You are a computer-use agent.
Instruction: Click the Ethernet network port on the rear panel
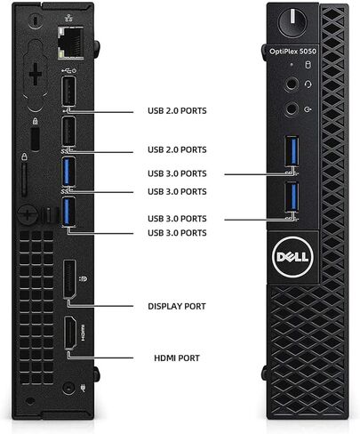click(70, 43)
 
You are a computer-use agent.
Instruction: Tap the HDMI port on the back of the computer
click(70, 333)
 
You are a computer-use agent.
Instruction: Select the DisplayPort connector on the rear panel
click(69, 278)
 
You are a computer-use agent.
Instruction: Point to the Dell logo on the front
click(292, 257)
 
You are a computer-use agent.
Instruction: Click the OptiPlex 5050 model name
click(292, 52)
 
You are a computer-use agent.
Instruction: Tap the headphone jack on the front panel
click(292, 84)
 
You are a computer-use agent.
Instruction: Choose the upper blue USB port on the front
click(292, 150)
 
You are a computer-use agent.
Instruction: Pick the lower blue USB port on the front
click(292, 197)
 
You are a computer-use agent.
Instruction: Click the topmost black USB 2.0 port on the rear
click(68, 91)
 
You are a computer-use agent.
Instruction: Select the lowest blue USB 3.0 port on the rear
click(68, 212)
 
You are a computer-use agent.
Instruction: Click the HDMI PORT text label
click(177, 358)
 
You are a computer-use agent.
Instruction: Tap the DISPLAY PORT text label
click(177, 307)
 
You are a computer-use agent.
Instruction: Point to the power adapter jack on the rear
click(68, 388)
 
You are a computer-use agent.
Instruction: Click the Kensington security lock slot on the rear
click(35, 139)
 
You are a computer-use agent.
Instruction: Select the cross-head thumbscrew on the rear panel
click(28, 214)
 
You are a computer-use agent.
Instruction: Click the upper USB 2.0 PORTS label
click(177, 111)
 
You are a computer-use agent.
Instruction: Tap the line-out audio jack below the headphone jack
click(292, 109)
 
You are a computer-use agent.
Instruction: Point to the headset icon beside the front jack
click(308, 84)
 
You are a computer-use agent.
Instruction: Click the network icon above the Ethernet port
click(68, 19)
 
